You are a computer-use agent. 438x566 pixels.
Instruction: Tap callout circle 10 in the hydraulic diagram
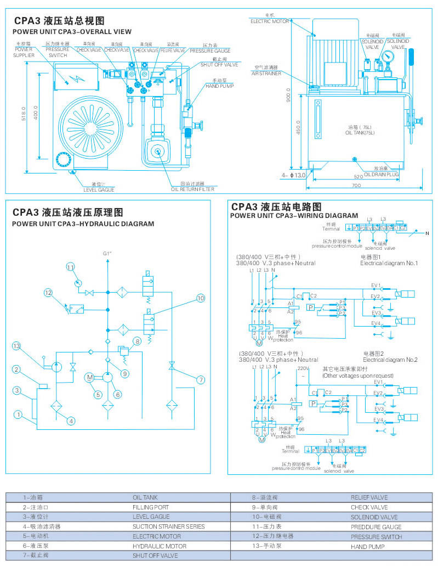tap(200, 298)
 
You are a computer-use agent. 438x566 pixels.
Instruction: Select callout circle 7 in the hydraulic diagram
tap(201, 379)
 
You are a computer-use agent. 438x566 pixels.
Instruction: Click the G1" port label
tap(107, 254)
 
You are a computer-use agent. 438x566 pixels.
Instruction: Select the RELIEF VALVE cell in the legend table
tap(369, 497)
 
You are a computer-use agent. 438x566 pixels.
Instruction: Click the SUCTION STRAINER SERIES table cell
tap(168, 526)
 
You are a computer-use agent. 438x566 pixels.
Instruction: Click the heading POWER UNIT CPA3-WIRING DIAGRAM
tap(294, 215)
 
